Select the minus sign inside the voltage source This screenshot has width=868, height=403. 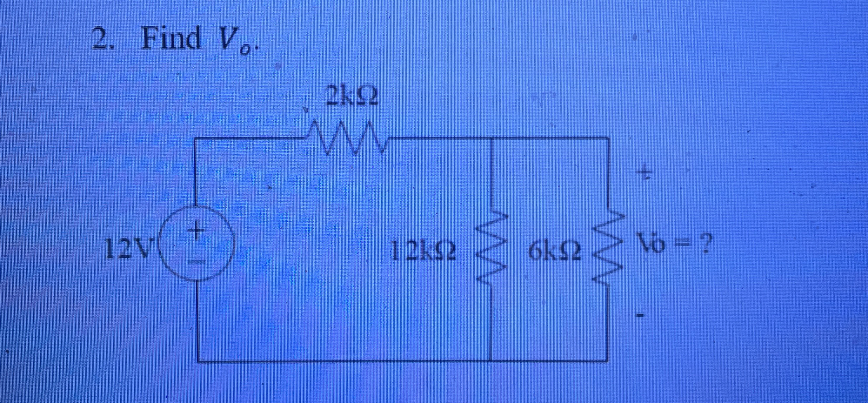point(198,262)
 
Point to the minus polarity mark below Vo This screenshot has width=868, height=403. point(641,316)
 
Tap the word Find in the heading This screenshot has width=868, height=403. point(171,39)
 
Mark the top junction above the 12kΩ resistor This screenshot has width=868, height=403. point(490,138)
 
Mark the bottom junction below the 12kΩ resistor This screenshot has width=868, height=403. point(490,360)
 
